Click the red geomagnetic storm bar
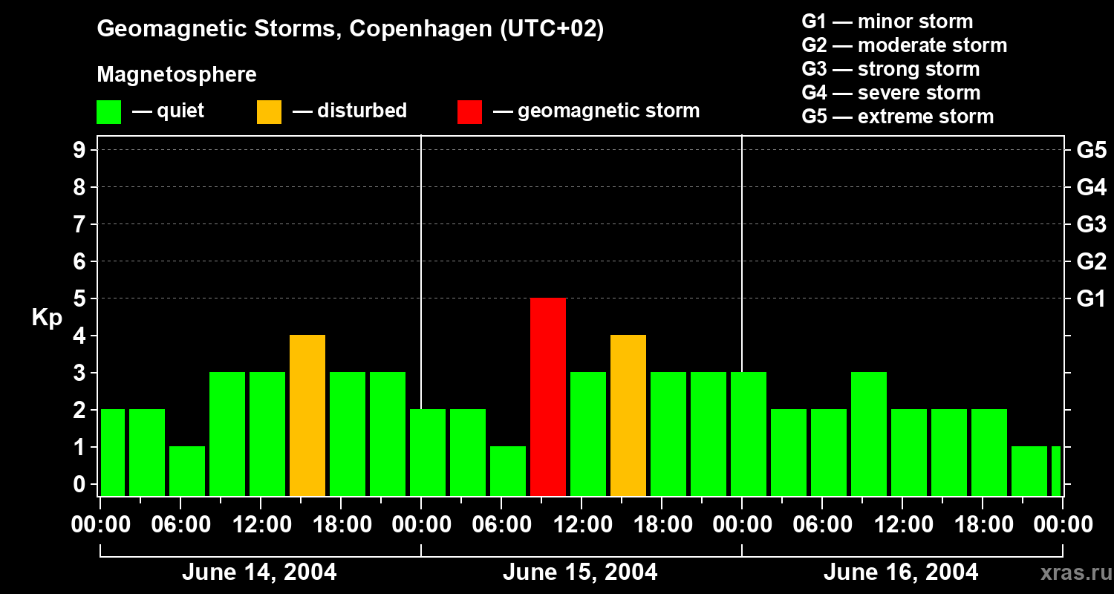coord(548,397)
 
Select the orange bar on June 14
coord(307,416)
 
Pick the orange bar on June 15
coord(628,416)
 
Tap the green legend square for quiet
coord(109,112)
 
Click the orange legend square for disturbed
coord(270,112)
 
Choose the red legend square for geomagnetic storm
coord(470,112)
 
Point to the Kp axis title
coord(47,318)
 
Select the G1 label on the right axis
coord(1091,298)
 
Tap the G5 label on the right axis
coord(1091,150)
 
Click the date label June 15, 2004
coord(580,572)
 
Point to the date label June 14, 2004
coord(259,572)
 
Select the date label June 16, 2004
coord(901,572)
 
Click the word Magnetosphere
coord(177,75)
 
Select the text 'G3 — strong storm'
coord(890,69)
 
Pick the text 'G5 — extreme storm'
coord(897,117)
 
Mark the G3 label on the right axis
coord(1091,224)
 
